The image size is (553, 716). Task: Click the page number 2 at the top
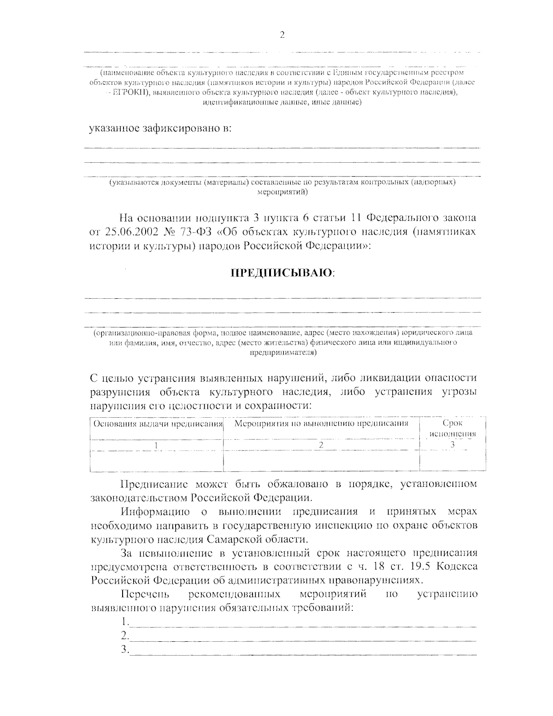point(282,35)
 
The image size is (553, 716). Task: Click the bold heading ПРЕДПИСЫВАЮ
point(282,273)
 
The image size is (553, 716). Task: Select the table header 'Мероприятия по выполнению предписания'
point(321,423)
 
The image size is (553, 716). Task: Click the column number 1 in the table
point(157,445)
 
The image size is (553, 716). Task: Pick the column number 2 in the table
point(321,445)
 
